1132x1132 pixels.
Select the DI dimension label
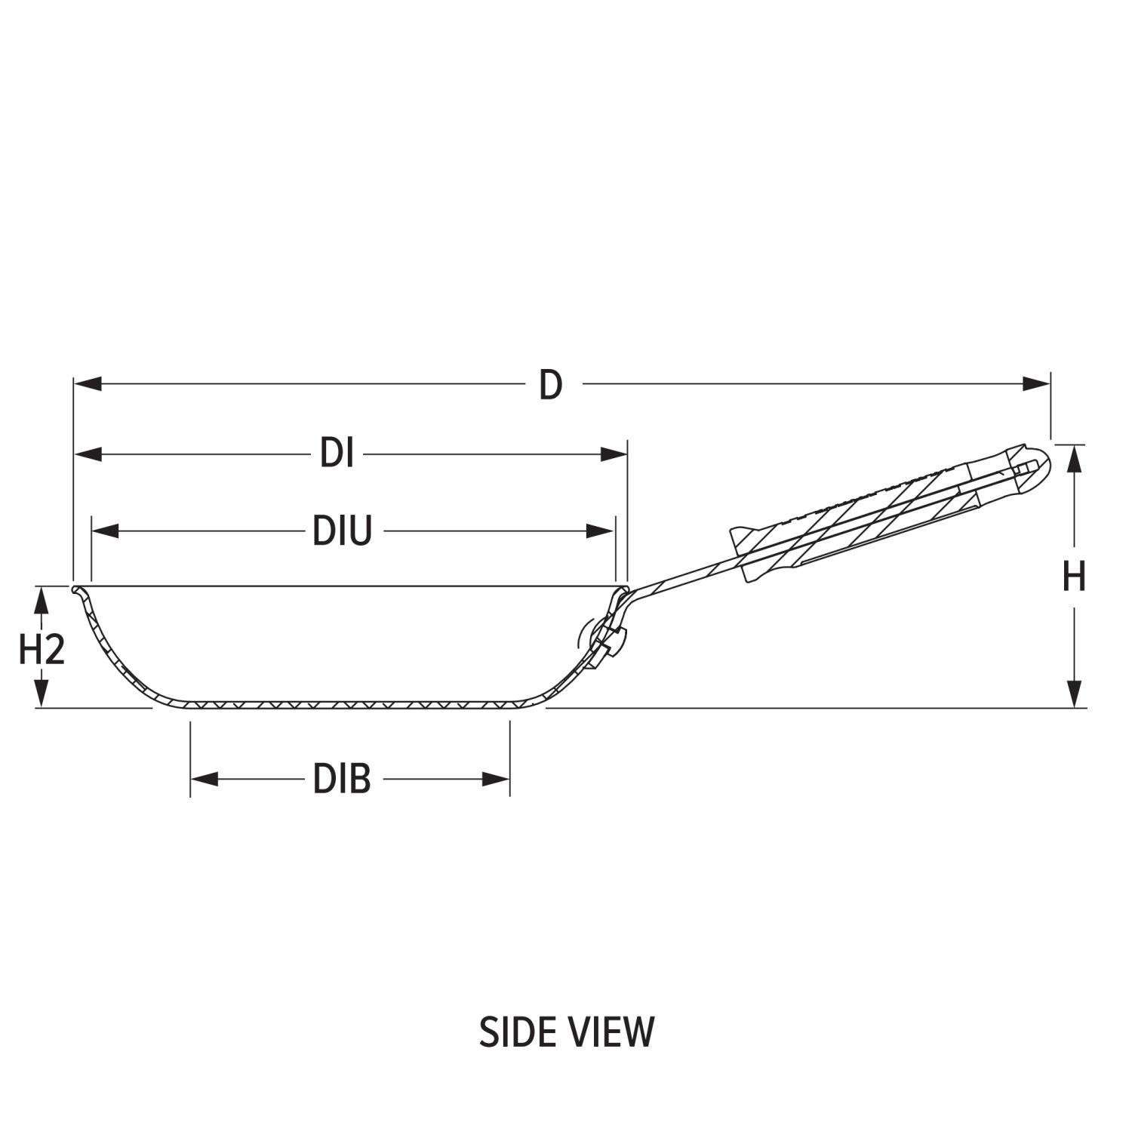[x=337, y=454]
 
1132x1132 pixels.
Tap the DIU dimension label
[x=343, y=531]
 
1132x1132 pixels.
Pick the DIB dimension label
[x=343, y=779]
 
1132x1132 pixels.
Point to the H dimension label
[x=1073, y=577]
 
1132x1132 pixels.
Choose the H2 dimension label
[x=42, y=649]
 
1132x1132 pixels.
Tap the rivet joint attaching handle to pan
[x=605, y=638]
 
